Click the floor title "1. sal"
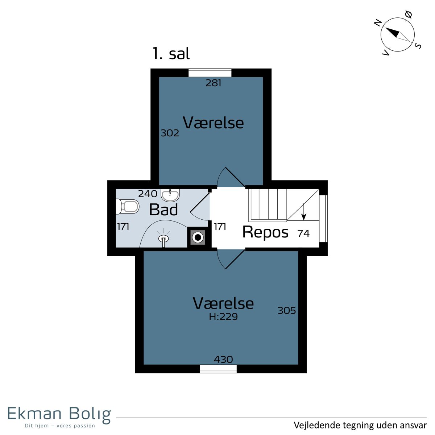(x=171, y=54)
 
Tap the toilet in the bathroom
(x=128, y=206)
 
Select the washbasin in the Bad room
(x=170, y=195)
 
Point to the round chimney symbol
(x=198, y=237)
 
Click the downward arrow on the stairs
(x=304, y=212)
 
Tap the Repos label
(x=265, y=232)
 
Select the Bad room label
(x=163, y=210)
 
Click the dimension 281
(x=213, y=83)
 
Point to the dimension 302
(x=170, y=133)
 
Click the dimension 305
(x=286, y=311)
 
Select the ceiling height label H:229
(x=223, y=317)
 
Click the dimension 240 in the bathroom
(x=148, y=194)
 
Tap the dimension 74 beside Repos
(x=303, y=233)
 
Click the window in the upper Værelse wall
(x=210, y=73)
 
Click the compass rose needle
(x=397, y=35)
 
